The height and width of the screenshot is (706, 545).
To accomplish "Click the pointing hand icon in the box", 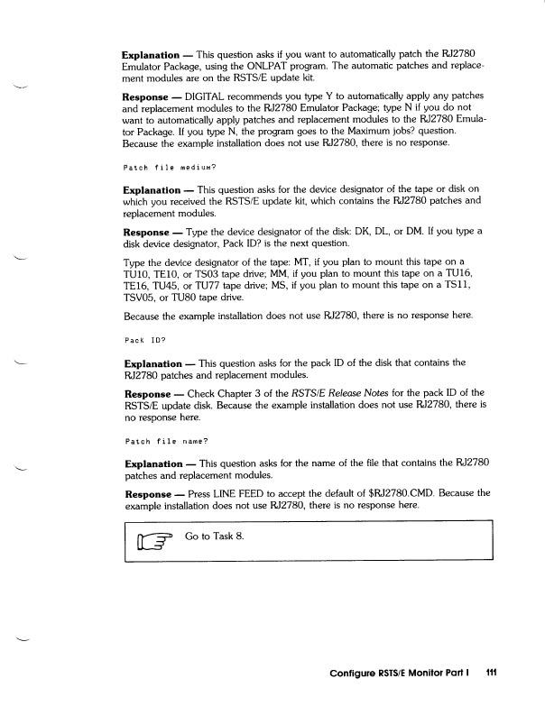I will pyautogui.click(x=152, y=541).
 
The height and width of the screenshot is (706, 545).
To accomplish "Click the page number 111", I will pyautogui.click(x=492, y=672).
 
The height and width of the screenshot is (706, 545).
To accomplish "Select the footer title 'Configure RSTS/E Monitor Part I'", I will pyautogui.click(x=402, y=672).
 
